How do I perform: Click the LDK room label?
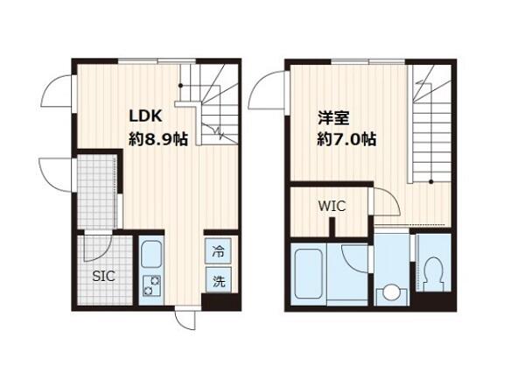coord(145,116)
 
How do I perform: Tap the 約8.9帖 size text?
coord(158,139)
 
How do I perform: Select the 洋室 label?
coord(333,118)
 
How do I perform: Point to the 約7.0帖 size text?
coord(346,139)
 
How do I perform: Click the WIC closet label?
coord(332,206)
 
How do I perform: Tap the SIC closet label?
coord(103,277)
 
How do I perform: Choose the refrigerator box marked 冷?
coord(218,251)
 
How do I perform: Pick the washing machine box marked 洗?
coord(219,280)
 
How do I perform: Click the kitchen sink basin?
coord(151,254)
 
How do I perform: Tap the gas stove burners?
coord(152,285)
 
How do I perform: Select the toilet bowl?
coord(433,273)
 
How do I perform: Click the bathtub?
coord(308,273)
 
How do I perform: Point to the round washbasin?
coord(392,293)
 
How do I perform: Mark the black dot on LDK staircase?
coord(180,86)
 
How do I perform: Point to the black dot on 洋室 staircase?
coord(431,181)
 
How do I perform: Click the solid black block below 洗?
coord(220,302)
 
